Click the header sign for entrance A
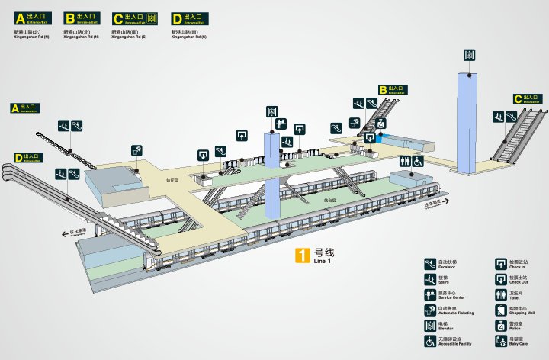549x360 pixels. pos(37,18)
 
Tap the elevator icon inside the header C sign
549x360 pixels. pos(152,18)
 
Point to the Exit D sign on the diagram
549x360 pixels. pos(27,159)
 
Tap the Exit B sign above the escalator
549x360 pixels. pos(393,90)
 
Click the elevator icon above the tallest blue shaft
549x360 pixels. pos(470,55)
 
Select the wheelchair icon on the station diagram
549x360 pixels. pos(418,162)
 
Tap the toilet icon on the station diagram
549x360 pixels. pos(406,162)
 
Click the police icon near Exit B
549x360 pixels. pos(369,137)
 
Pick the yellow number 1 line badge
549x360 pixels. pos(303,256)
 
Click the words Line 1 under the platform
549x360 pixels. pos(323,262)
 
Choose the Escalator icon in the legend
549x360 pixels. pos(430,264)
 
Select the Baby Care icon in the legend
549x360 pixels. pos(502,342)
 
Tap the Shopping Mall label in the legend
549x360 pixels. pos(522,313)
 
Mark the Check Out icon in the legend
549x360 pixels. pos(502,278)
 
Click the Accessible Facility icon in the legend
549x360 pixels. pos(430,342)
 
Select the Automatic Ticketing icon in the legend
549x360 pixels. pos(430,310)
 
